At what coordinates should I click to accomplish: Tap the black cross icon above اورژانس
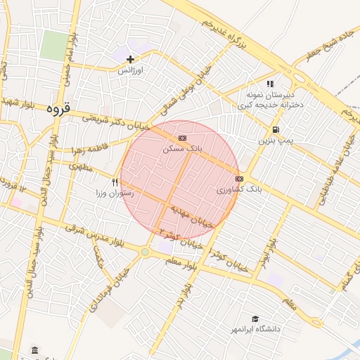130,60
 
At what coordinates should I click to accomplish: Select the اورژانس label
130,71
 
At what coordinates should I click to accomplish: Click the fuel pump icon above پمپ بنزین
275,129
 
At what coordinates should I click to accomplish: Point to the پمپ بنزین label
274,141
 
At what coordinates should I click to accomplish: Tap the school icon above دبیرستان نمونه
270,84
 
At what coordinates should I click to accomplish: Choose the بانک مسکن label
182,149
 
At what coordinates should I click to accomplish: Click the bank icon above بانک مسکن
183,138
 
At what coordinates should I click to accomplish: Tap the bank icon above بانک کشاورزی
240,179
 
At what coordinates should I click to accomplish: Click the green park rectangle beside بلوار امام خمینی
53,45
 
